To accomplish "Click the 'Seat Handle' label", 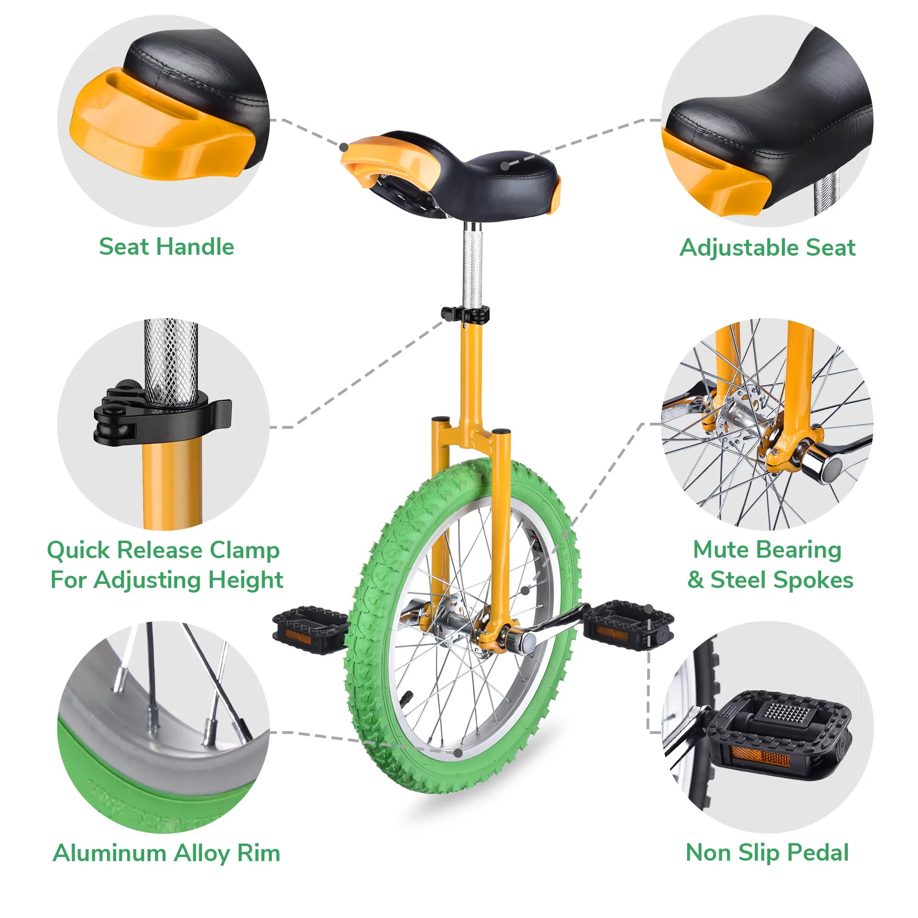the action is (166, 246).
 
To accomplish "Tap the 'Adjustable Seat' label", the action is (767, 248).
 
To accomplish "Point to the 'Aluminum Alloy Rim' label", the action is (166, 853).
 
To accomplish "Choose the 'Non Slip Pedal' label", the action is (767, 852).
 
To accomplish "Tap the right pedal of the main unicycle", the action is (627, 623).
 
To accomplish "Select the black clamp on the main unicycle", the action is (465, 314).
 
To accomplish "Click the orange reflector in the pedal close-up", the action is (760, 756).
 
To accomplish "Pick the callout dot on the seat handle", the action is (344, 147).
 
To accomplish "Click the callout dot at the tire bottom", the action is (458, 753).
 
